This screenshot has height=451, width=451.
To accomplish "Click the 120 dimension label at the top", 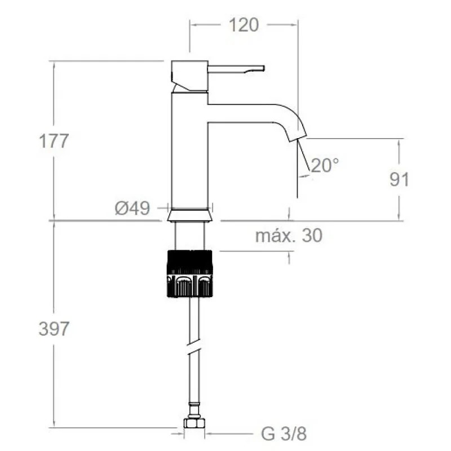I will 244,25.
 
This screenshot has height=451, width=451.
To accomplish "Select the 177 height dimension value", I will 54,141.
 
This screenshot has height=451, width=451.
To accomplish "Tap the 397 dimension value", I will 54,329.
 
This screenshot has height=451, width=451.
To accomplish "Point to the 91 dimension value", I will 399,179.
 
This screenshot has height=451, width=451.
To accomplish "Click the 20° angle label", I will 325,165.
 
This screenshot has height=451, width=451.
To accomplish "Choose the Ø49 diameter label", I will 132,209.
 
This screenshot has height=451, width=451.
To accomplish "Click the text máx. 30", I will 289,236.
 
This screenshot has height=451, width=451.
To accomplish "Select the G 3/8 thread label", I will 284,434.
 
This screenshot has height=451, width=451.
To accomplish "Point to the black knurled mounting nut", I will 189,273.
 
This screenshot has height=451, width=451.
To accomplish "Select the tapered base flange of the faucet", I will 190,215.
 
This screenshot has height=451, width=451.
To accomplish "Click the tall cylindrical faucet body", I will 189,152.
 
